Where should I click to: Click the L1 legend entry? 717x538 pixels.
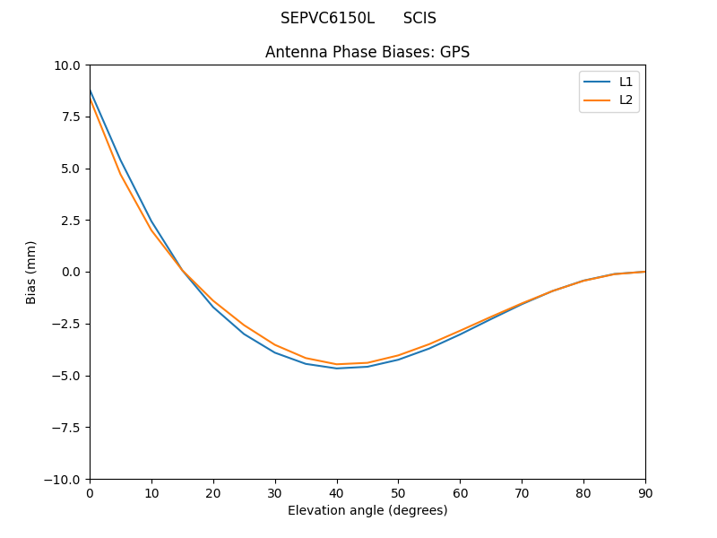pyautogui.click(x=626, y=82)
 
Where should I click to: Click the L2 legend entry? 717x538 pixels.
pyautogui.click(x=626, y=100)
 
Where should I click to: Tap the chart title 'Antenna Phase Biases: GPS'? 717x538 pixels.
pyautogui.click(x=367, y=52)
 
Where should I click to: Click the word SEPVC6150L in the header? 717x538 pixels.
pyautogui.click(x=327, y=18)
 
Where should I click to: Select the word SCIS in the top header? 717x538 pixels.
pyautogui.click(x=419, y=18)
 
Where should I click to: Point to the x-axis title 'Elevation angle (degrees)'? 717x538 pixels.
pyautogui.click(x=367, y=510)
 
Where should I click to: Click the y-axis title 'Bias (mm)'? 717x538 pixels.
pyautogui.click(x=31, y=272)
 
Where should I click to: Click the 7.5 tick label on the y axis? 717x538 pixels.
pyautogui.click(x=69, y=117)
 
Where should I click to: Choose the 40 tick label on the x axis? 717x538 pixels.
pyautogui.click(x=337, y=493)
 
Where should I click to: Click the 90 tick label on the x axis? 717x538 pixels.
pyautogui.click(x=645, y=493)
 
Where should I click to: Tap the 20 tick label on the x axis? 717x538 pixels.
pyautogui.click(x=213, y=493)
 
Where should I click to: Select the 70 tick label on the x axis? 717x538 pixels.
pyautogui.click(x=522, y=493)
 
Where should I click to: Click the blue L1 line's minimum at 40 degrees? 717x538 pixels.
pyautogui.click(x=337, y=368)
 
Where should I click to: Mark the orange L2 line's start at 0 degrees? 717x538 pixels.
pyautogui.click(x=91, y=100)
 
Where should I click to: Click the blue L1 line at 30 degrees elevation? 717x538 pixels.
pyautogui.click(x=275, y=352)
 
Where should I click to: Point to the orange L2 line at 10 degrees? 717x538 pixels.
pyautogui.click(x=151, y=230)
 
